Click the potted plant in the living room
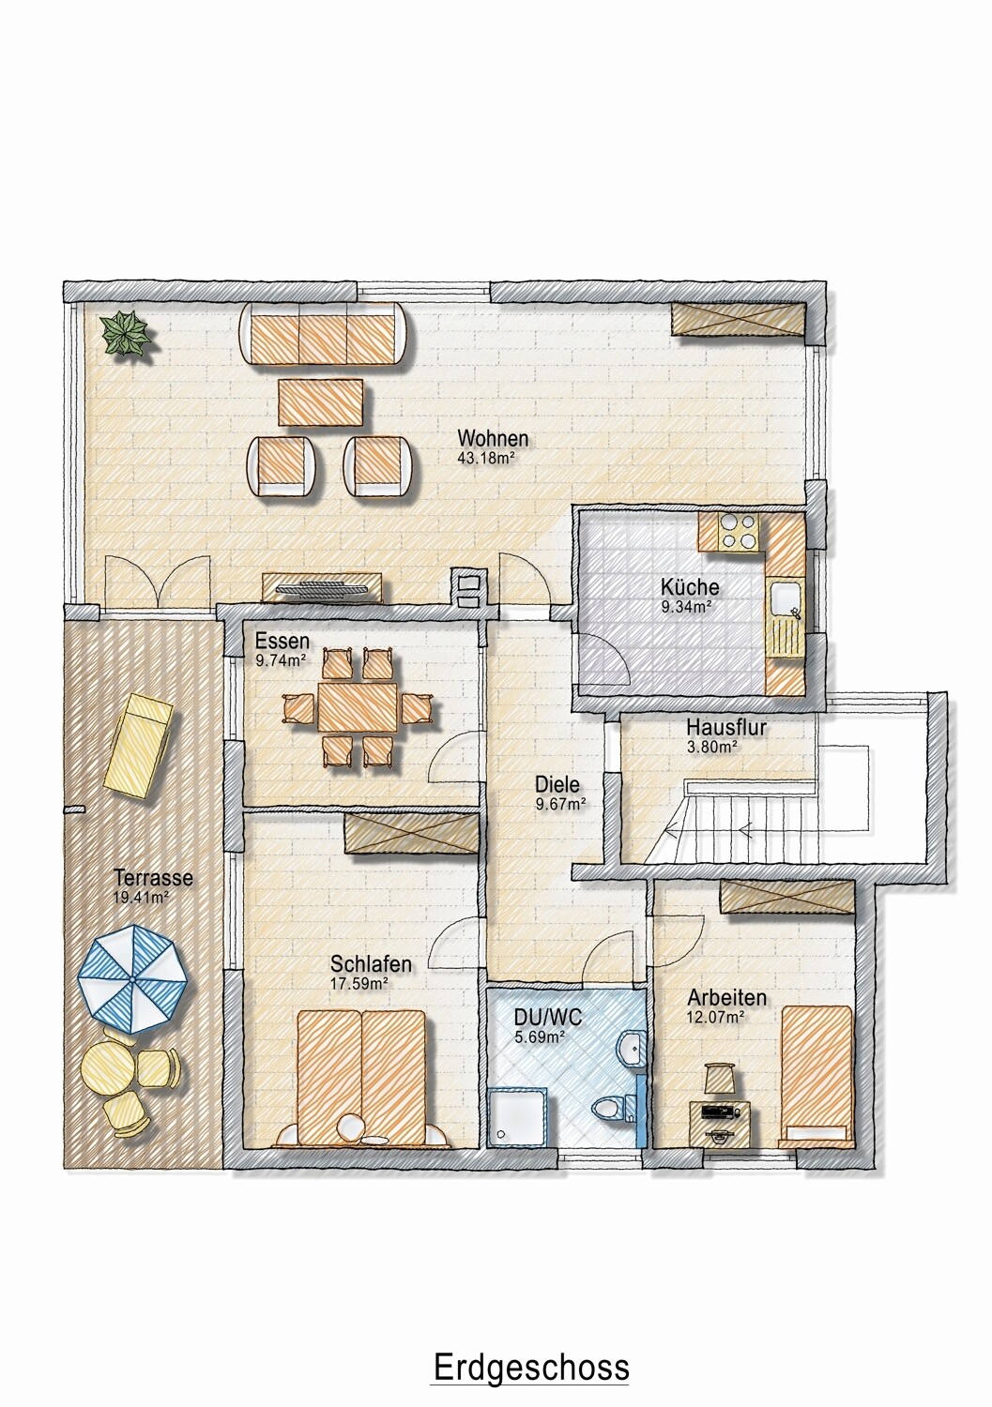(129, 335)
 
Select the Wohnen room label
(493, 438)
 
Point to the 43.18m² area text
(487, 458)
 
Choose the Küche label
(690, 588)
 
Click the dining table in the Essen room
(358, 706)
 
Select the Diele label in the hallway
(557, 784)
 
